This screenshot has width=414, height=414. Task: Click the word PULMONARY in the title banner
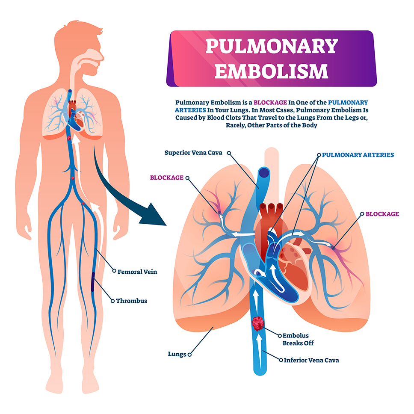point(272,46)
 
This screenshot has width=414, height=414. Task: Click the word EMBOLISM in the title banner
point(272,71)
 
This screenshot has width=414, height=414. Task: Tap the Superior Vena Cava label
point(193,153)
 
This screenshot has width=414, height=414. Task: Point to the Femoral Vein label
point(137,271)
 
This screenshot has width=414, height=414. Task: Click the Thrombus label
point(131,301)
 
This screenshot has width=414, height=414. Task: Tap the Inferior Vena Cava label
point(311,360)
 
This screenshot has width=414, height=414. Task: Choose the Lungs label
point(177,354)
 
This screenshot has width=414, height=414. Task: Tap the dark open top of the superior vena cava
point(264,172)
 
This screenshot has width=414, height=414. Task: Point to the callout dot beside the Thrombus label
point(112,301)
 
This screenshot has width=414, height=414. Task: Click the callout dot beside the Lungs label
point(189,354)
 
